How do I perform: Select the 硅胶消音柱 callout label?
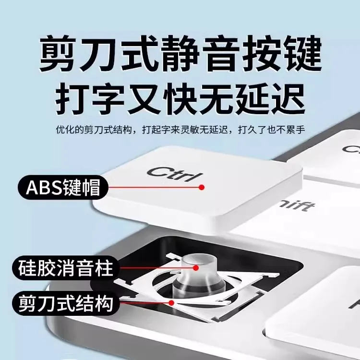pyautogui.click(x=66, y=268)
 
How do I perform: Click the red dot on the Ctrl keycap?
pyautogui.click(x=202, y=187)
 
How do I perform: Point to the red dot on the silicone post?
pyautogui.click(x=196, y=268)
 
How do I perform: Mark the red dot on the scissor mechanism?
pyautogui.click(x=171, y=303)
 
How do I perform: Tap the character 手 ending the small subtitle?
pyautogui.click(x=301, y=130)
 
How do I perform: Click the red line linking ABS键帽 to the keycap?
pyautogui.click(x=154, y=187)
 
